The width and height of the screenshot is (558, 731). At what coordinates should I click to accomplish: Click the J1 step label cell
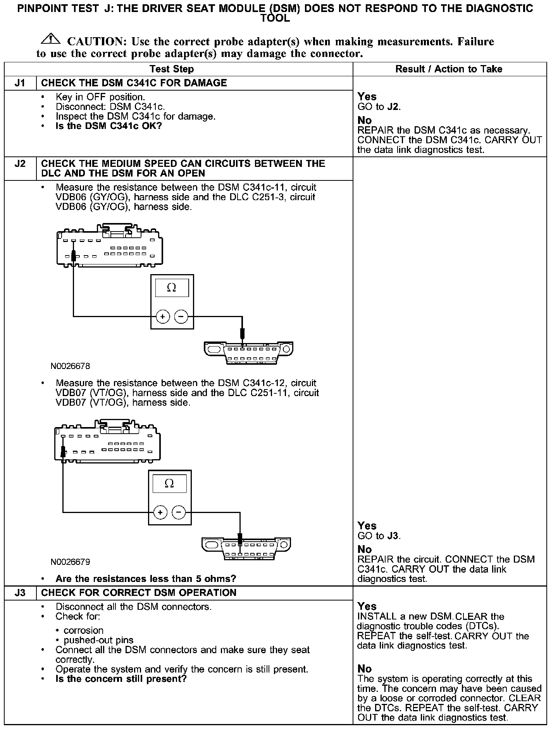tap(20, 83)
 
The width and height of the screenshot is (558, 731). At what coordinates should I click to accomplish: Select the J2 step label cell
tap(20, 164)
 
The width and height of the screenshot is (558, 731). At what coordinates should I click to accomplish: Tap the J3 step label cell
tap(20, 593)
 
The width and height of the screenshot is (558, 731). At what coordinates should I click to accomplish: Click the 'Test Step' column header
tap(172, 69)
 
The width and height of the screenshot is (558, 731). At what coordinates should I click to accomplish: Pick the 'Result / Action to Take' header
tap(449, 69)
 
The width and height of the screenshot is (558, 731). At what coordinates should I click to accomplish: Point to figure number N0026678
tap(70, 366)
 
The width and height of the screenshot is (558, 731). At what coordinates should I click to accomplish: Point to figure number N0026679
tap(70, 562)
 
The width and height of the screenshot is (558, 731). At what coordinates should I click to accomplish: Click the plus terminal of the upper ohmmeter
tap(163, 317)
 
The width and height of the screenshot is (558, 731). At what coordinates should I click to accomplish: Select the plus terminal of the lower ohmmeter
tap(160, 512)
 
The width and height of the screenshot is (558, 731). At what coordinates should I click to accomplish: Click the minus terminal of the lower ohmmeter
tap(179, 512)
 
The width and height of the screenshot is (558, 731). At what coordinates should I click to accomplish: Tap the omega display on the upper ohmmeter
tap(172, 288)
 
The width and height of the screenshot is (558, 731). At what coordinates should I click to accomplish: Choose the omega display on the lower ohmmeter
tap(169, 484)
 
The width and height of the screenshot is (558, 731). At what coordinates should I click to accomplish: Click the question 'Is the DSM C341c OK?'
tap(108, 126)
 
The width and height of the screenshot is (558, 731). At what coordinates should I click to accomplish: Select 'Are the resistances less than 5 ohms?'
tap(146, 579)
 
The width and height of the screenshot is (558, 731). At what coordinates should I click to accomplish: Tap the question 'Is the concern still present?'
tap(121, 679)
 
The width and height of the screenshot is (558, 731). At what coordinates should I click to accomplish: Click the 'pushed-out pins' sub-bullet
tap(98, 640)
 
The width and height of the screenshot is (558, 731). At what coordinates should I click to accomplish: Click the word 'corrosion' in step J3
tap(84, 630)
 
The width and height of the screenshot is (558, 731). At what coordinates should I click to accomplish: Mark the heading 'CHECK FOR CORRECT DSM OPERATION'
tap(139, 593)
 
